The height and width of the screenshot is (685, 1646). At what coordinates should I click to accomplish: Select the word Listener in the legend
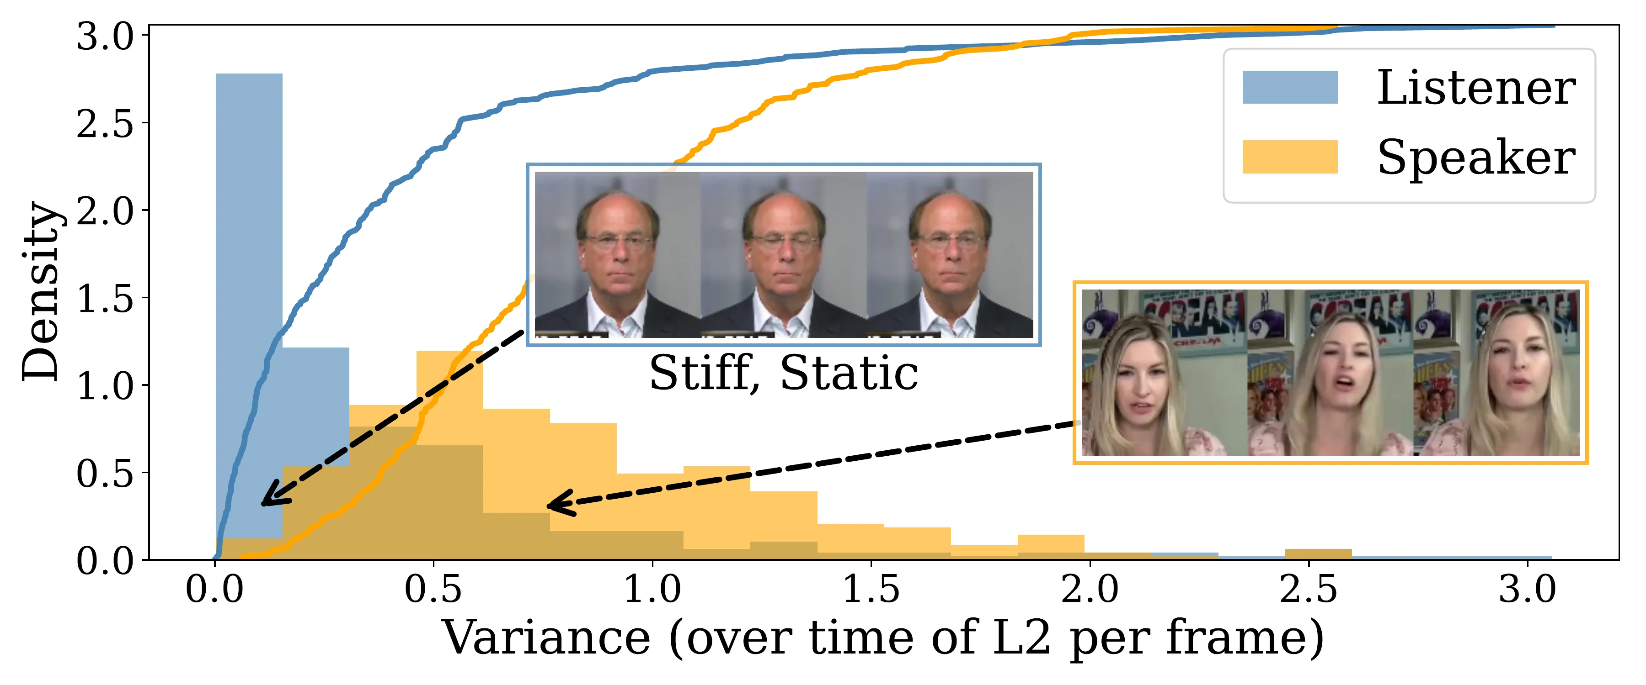click(x=1476, y=88)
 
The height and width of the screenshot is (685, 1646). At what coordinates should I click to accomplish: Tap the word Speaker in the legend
click(x=1476, y=158)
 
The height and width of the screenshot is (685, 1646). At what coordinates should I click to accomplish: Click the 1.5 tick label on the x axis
click(x=871, y=589)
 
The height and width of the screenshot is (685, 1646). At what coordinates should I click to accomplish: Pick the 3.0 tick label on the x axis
click(x=1527, y=589)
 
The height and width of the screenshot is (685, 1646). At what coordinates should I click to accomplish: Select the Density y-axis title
click(x=41, y=292)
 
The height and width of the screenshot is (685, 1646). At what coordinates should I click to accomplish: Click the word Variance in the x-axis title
click(x=547, y=637)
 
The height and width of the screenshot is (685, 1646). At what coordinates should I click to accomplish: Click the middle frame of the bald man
click(x=784, y=255)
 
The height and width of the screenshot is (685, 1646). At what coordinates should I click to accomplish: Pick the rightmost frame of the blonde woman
click(x=1497, y=372)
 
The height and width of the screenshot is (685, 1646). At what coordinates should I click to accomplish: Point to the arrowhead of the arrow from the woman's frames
click(x=559, y=504)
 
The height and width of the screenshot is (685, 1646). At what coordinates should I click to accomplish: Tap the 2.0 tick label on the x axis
click(x=1090, y=589)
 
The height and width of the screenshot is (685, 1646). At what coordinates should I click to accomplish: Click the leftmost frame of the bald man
click(x=618, y=255)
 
